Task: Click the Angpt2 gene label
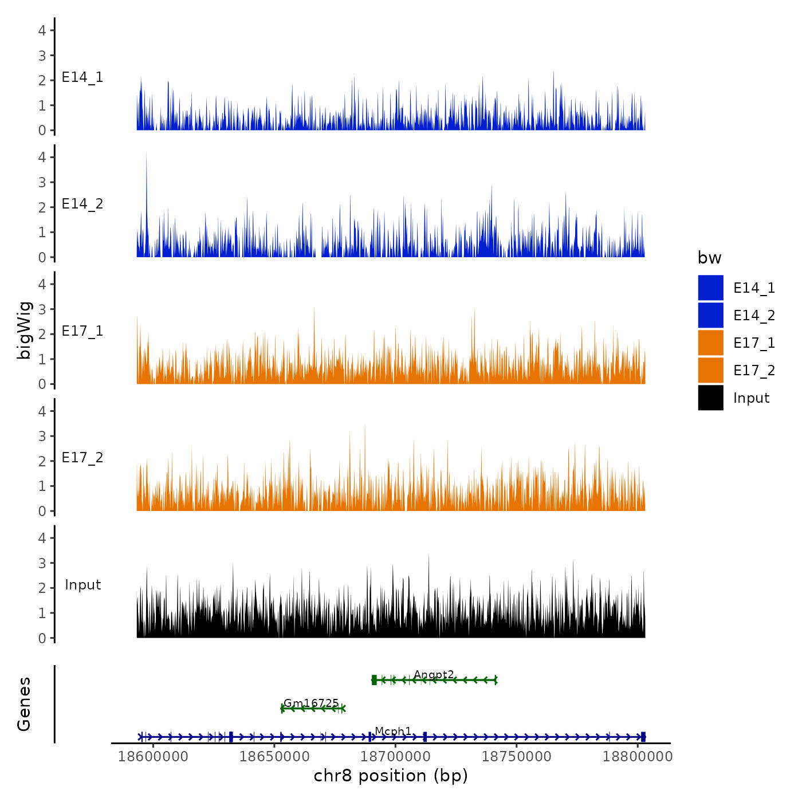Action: [434, 674]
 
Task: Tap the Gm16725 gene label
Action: [311, 703]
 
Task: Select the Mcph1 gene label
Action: [393, 731]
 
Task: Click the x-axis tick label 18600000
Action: [153, 756]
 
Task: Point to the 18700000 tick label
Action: [395, 756]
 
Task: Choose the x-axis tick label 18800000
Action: [638, 756]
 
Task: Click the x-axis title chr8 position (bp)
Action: [391, 776]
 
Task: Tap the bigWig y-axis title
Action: [24, 330]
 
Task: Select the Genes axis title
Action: [24, 704]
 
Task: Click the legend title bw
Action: [709, 258]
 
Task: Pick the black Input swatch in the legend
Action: [710, 398]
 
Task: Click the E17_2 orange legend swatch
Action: [710, 371]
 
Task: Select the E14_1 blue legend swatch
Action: [710, 288]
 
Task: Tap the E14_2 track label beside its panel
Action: [82, 204]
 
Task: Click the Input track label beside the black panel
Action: [82, 585]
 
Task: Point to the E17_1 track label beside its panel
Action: [82, 331]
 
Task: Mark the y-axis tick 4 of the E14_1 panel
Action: [42, 30]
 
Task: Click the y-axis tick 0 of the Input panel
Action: [42, 638]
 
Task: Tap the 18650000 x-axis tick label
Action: [274, 756]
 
